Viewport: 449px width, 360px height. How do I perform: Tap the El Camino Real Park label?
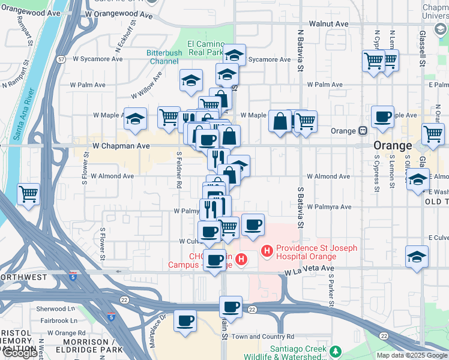[205, 48]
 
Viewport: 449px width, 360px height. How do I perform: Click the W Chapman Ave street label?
[121, 146]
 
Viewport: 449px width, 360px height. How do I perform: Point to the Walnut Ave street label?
[328, 24]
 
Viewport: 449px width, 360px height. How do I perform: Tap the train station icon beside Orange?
[363, 131]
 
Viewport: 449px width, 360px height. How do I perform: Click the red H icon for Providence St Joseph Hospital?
[266, 249]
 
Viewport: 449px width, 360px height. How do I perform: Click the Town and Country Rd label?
[263, 337]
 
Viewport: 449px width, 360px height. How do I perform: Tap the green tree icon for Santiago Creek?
[337, 350]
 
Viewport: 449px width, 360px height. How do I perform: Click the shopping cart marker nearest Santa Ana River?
[29, 194]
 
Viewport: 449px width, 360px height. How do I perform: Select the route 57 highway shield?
[62, 60]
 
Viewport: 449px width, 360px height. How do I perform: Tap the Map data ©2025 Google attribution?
[411, 355]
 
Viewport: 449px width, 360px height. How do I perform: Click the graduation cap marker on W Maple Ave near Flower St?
[135, 119]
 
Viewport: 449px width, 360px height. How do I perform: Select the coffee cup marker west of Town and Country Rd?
[185, 320]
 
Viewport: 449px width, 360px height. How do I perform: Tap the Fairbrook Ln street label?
[62, 320]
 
